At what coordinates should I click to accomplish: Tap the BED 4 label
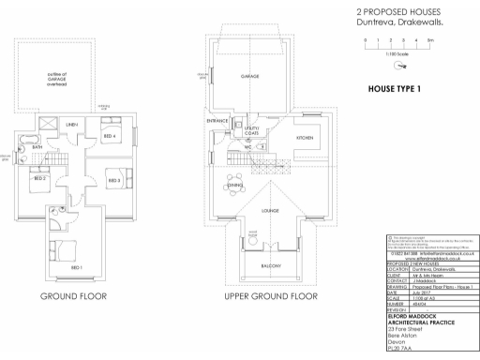pyautogui.click(x=110, y=137)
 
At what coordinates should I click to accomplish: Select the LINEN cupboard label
pyautogui.click(x=71, y=124)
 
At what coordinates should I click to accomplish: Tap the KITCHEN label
pyautogui.click(x=305, y=138)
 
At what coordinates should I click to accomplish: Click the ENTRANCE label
pyautogui.click(x=218, y=122)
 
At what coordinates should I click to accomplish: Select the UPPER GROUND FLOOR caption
pyautogui.click(x=271, y=296)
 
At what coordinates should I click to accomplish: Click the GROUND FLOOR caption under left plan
pyautogui.click(x=73, y=296)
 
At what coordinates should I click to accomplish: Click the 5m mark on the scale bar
pyautogui.click(x=429, y=42)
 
